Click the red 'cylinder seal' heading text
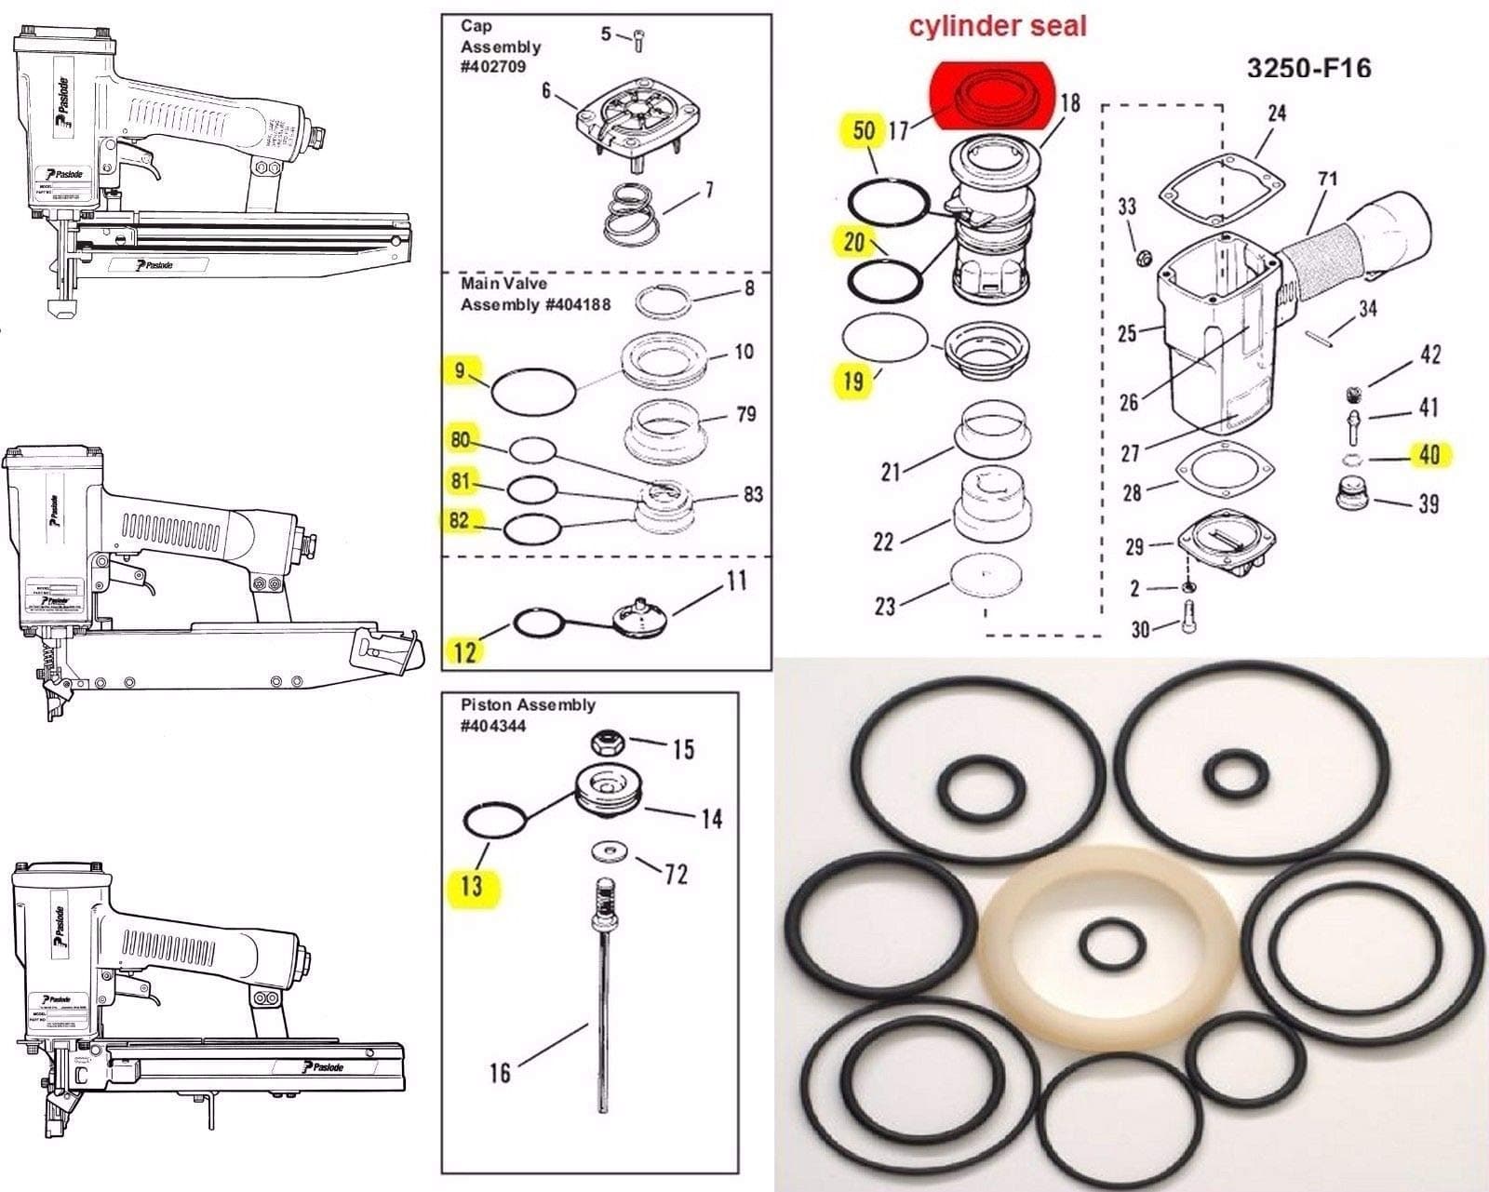point(998,26)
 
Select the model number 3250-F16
point(1308,68)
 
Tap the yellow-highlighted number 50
point(864,130)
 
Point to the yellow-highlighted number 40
point(1429,455)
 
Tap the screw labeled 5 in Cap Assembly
point(639,41)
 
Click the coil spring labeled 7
point(636,216)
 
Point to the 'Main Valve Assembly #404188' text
point(535,293)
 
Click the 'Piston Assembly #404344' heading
point(527,715)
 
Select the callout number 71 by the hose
point(1328,178)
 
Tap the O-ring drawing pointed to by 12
point(537,623)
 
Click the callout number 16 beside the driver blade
point(500,1072)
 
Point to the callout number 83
point(753,494)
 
